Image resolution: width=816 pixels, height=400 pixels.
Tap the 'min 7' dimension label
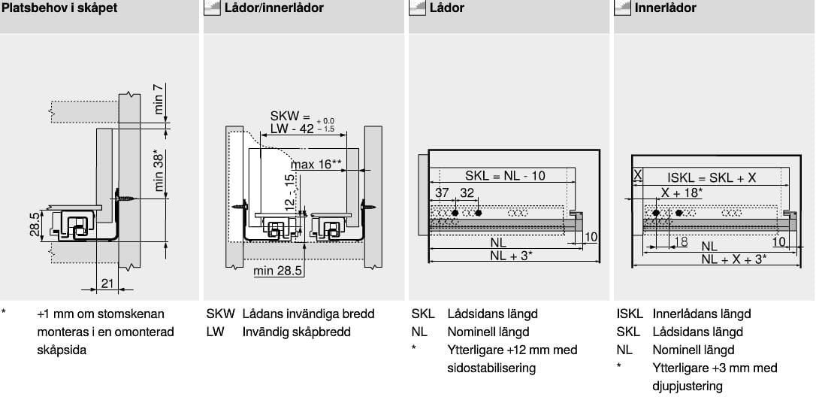[x=159, y=99]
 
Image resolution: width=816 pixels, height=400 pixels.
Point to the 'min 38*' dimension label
[x=159, y=172]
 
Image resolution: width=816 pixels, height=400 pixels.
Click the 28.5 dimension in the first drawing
[x=35, y=224]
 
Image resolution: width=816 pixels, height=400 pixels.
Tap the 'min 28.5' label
[x=278, y=270]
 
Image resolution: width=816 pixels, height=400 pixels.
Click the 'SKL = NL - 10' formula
[x=505, y=175]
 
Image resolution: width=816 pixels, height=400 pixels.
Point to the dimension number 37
[x=442, y=193]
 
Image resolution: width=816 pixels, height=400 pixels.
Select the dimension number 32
[x=467, y=193]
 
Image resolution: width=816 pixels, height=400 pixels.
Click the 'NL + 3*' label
[x=511, y=256]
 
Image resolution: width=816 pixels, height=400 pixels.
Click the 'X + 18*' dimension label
[x=682, y=193]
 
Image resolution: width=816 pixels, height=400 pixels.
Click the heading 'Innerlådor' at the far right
[x=665, y=8]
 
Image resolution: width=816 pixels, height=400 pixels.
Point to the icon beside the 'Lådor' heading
[x=417, y=8]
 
